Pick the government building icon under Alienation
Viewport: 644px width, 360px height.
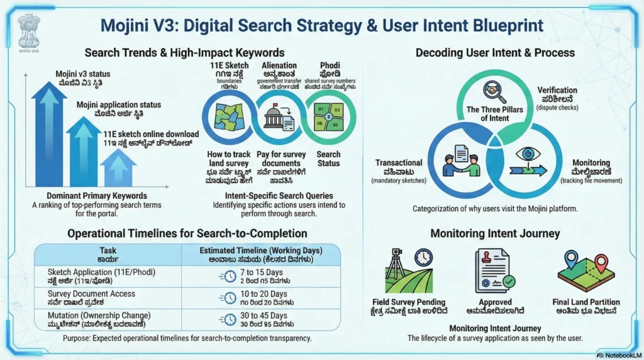(278, 116)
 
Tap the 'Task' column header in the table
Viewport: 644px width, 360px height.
(108, 250)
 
